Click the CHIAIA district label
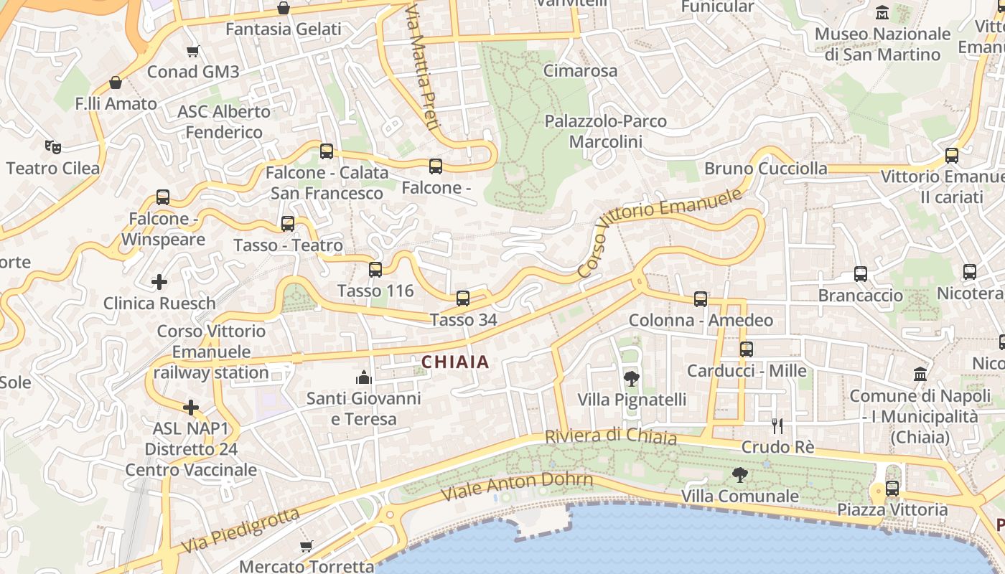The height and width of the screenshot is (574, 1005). click(455, 362)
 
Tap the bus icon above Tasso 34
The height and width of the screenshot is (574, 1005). click(463, 298)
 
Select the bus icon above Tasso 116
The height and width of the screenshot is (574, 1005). click(375, 270)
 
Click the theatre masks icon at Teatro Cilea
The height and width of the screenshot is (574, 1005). click(52, 147)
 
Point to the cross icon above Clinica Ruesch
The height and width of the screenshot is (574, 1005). click(159, 282)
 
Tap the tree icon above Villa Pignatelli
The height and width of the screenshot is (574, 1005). click(632, 378)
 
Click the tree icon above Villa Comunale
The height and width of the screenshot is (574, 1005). click(739, 474)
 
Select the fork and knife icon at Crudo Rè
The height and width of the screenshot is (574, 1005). click(777, 426)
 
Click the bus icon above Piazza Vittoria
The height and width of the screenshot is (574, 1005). click(892, 489)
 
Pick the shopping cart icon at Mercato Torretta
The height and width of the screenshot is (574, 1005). click(307, 546)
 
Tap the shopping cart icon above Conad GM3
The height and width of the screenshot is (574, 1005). click(192, 51)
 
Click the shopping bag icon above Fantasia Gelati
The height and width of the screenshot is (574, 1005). click(284, 9)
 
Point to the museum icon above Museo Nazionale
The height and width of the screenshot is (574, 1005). click(882, 12)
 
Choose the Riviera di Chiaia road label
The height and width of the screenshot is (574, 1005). click(610, 436)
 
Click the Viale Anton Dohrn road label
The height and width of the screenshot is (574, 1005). click(517, 486)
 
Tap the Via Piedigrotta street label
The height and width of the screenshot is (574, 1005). click(240, 531)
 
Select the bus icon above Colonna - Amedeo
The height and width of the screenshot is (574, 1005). click(701, 299)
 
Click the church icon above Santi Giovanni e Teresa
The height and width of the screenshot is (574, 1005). click(364, 377)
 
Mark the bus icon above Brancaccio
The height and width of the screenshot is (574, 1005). click(861, 274)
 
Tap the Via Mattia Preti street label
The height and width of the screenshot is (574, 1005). click(421, 68)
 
